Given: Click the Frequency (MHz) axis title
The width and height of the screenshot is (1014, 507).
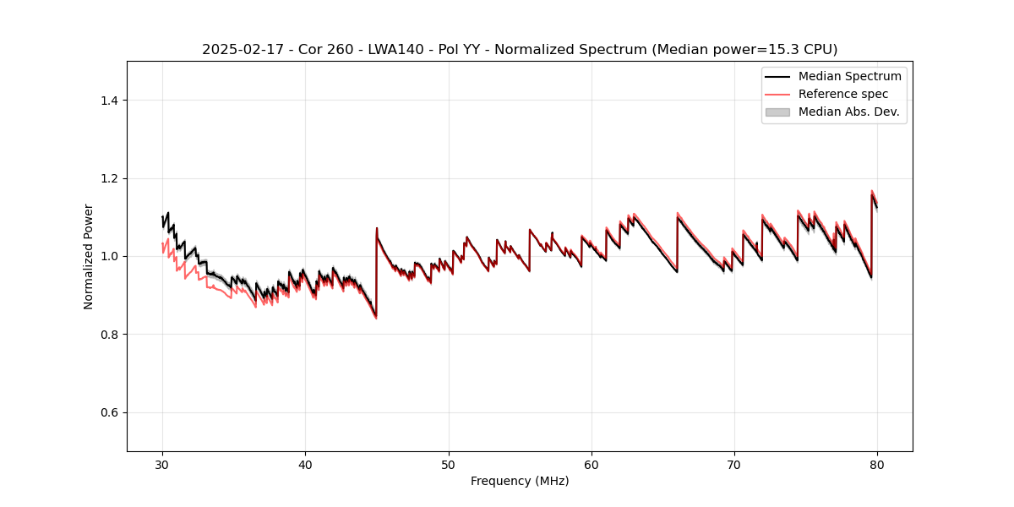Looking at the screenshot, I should (x=520, y=481).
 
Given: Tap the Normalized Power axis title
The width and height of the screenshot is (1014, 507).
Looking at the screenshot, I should (x=89, y=256).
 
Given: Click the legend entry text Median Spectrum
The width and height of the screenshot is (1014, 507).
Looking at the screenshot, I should (x=849, y=76).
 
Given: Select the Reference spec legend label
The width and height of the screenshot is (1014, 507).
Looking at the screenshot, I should (x=843, y=94).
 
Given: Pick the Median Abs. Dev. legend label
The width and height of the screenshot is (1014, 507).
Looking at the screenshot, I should (x=848, y=112).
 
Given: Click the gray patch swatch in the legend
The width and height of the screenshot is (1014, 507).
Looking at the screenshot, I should (x=777, y=112).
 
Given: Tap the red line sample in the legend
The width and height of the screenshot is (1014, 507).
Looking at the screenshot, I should (x=777, y=94).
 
